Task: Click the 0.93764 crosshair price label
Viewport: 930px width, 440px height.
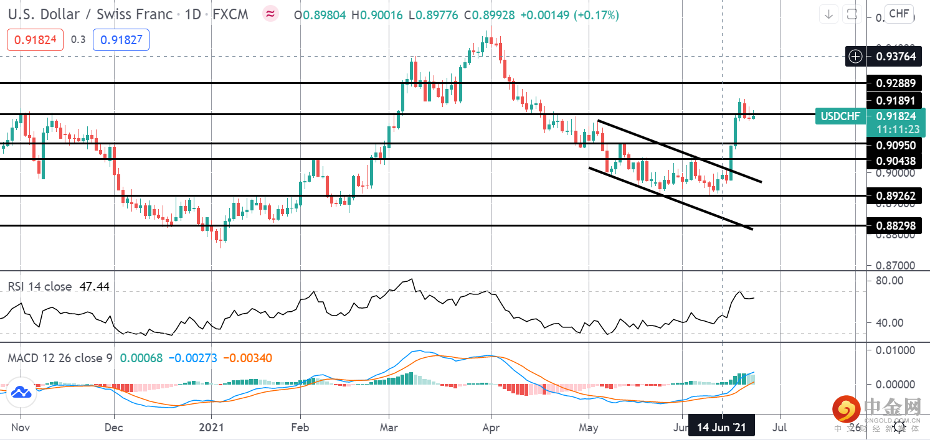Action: click(895, 57)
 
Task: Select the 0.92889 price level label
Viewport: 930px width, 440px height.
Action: click(895, 83)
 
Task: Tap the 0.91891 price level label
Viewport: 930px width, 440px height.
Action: click(895, 100)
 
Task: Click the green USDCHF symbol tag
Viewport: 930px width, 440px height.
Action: click(840, 116)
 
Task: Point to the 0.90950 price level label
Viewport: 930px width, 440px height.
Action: click(895, 145)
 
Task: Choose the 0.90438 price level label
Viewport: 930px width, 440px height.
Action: click(895, 161)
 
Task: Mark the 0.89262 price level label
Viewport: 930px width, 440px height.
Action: click(895, 196)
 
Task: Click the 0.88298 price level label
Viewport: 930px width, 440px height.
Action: click(895, 226)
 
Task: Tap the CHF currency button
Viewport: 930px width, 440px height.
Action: click(899, 14)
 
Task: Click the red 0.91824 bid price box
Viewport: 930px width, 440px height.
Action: click(35, 40)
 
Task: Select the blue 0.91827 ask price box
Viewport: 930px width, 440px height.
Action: click(121, 40)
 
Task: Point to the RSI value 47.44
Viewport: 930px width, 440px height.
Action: click(95, 286)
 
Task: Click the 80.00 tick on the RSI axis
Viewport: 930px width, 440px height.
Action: click(889, 281)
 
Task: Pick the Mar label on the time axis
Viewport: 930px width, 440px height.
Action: click(389, 428)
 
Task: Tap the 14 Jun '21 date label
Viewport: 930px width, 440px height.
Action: click(721, 428)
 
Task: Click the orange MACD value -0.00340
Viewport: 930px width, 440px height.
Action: click(247, 358)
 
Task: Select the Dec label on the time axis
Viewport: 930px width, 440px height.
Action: click(115, 428)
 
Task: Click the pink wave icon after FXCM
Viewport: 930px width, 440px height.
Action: click(270, 14)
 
